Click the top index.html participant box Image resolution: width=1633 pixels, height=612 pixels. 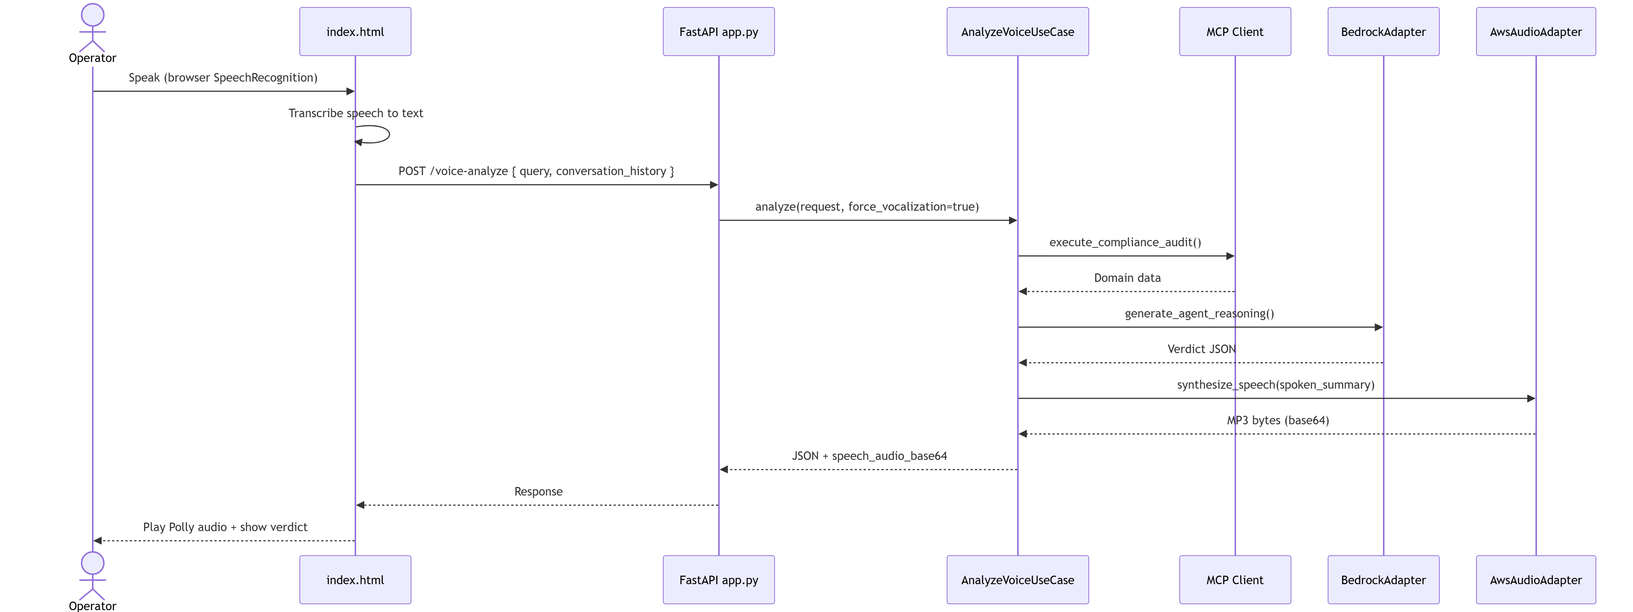coord(355,32)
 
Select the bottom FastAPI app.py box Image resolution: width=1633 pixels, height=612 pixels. coord(719,580)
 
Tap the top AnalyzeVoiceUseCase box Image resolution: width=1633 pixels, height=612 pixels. coord(1018,32)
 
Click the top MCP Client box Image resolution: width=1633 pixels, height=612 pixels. coord(1235,32)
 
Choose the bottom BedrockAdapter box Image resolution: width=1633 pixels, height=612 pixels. coord(1383,580)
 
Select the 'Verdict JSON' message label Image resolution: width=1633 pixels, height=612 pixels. coord(1201,349)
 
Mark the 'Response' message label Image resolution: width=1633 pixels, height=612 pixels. coord(538,491)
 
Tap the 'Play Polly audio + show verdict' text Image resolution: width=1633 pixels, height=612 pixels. coord(225,527)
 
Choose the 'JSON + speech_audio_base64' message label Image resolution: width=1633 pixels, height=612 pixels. coord(869,456)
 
